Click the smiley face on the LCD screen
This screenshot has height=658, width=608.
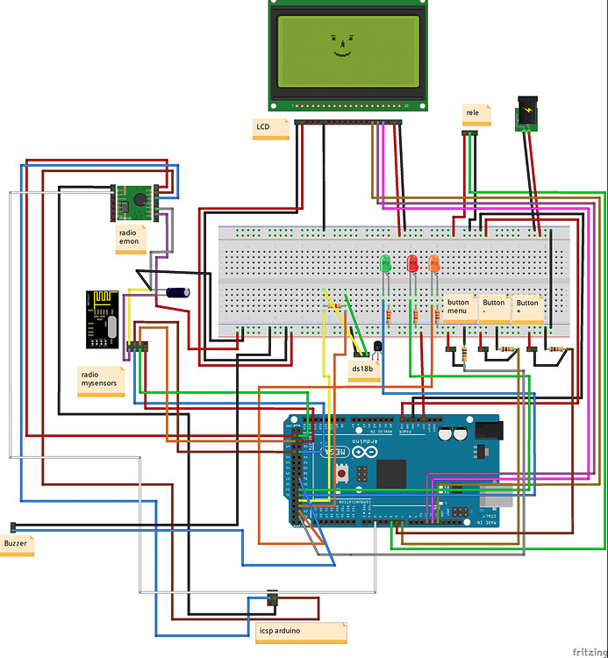coord(341,46)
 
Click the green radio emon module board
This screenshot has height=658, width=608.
coord(134,203)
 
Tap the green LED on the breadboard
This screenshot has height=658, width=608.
coord(383,263)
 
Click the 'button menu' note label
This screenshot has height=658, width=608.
coord(460,307)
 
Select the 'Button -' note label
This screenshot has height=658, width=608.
coord(495,307)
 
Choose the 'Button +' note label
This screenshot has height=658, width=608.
coord(528,307)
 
